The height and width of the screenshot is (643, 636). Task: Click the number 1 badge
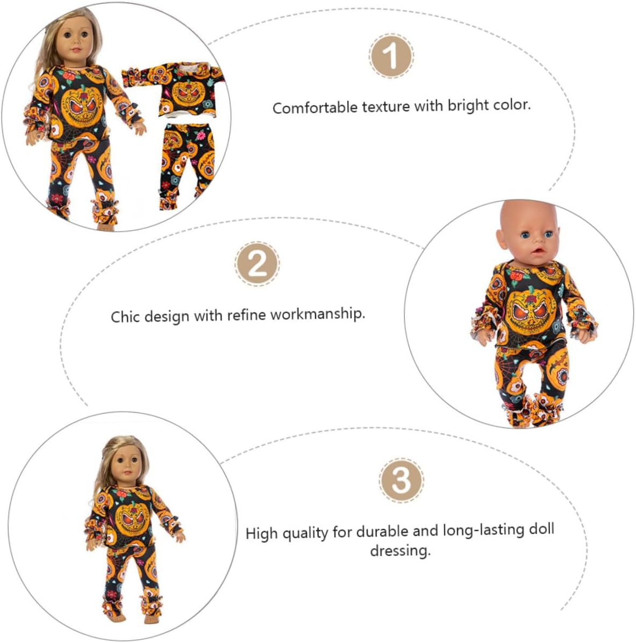point(391,56)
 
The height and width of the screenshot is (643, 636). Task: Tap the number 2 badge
point(258,264)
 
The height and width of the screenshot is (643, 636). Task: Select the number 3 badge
point(401,480)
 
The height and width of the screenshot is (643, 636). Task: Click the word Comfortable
point(315,108)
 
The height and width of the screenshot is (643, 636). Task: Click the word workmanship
point(318,314)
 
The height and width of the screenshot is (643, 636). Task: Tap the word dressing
point(401,550)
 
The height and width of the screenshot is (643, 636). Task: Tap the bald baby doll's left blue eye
point(525,235)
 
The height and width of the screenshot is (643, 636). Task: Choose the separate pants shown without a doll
point(187,166)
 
